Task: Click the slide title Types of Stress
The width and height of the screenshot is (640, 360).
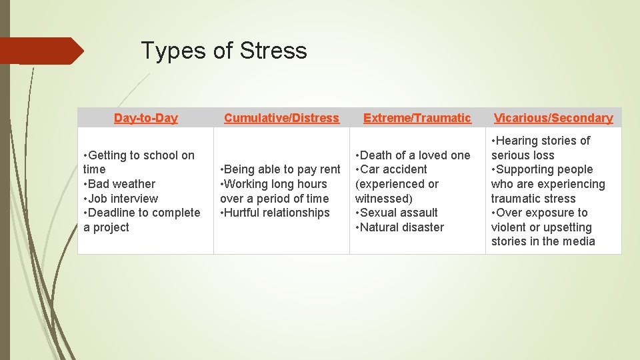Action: pos(224,51)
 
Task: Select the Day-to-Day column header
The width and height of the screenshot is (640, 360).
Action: pos(145,118)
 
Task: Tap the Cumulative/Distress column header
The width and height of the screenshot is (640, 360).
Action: pos(281,118)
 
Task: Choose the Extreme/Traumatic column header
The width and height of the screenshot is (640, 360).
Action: pos(417,118)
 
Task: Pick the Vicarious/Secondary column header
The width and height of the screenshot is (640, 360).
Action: pos(553,118)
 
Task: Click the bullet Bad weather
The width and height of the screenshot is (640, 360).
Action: pos(121,184)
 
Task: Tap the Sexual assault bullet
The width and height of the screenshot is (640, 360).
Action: pos(399,213)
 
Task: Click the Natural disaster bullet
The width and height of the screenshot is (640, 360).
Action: pos(401,227)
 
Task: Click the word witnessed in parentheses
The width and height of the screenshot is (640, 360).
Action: pos(383,199)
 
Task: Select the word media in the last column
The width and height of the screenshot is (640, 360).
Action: pos(577,241)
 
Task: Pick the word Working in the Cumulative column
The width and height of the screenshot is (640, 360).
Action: pos(249,184)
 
